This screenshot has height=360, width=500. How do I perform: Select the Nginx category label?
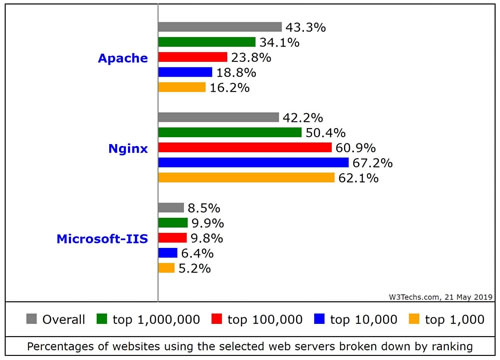pyautogui.click(x=128, y=148)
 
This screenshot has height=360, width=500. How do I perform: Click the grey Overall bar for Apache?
pyautogui.click(x=220, y=27)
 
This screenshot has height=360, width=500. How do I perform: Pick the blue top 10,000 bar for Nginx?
pyautogui.click(x=253, y=162)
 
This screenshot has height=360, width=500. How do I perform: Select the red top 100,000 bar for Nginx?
pyautogui.click(x=245, y=147)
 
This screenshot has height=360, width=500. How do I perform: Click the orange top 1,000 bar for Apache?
pyautogui.click(x=182, y=87)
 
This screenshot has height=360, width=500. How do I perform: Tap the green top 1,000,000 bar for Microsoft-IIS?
pyautogui.click(x=173, y=222)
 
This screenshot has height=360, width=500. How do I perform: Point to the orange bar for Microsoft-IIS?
pyautogui.click(x=167, y=267)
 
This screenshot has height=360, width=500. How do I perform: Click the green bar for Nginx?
pyautogui.click(x=230, y=132)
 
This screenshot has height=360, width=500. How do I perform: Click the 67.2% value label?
pyautogui.click(x=374, y=162)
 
